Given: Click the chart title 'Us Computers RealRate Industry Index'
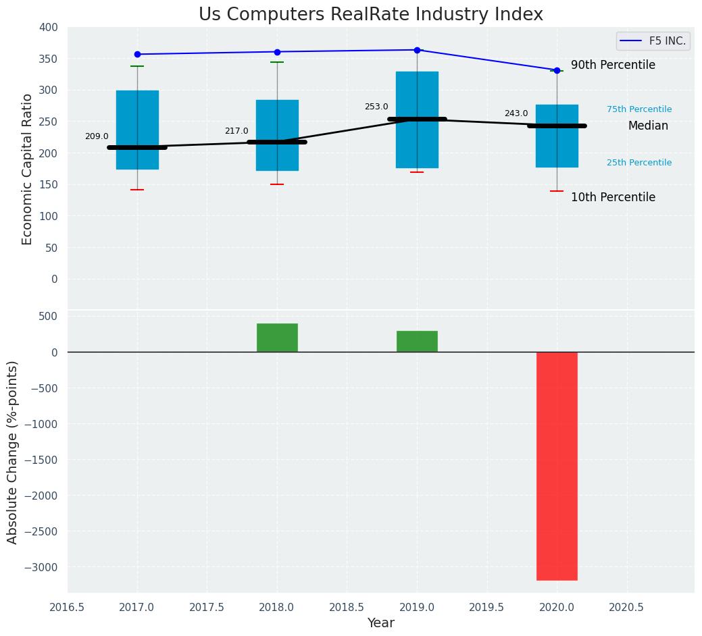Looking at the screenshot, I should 370,15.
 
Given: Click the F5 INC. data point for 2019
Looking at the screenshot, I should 417,50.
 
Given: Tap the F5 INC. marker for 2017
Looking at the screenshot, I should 137,54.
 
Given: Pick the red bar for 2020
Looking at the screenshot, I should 557,466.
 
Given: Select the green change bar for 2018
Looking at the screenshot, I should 277,338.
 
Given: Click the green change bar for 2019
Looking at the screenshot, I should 417,341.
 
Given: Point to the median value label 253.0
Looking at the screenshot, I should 376,107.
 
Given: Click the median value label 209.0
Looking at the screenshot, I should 97,136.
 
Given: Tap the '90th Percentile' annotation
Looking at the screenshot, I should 613,65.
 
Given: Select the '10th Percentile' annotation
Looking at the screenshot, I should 613,198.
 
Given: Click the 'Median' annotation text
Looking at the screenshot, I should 648,126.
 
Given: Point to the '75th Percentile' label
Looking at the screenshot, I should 639,109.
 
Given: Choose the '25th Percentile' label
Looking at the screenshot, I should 639,163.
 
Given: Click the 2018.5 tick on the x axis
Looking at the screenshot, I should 347,607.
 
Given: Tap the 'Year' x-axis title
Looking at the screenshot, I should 381,623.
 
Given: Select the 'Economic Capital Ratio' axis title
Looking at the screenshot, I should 28,169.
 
